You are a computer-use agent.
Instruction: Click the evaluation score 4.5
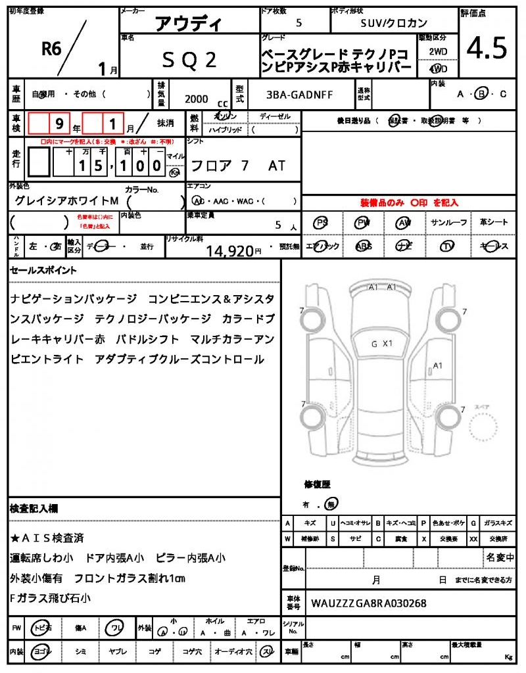pyautogui.click(x=487, y=47)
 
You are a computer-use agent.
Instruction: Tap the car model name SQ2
pyautogui.click(x=189, y=60)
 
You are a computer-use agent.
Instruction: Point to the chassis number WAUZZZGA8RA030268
pyautogui.click(x=368, y=602)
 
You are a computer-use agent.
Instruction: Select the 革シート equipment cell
pyautogui.click(x=493, y=223)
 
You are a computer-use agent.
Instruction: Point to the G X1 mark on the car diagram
pyautogui.click(x=381, y=343)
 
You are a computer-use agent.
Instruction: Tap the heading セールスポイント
pyautogui.click(x=43, y=269)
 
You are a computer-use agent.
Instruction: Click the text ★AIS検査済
pyautogui.click(x=47, y=538)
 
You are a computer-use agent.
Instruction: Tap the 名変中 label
pyautogui.click(x=500, y=557)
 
